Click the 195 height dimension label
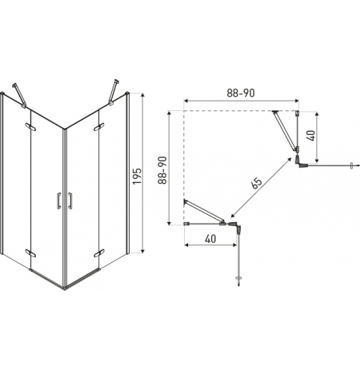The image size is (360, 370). point(137,176)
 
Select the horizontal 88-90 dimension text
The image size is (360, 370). point(241,93)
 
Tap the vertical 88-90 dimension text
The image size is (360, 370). point(162,170)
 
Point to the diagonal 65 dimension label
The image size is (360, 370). point(257,183)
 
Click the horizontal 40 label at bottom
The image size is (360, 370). point(210,239)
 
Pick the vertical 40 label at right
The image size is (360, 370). point(311,136)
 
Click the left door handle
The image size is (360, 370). point(58,201)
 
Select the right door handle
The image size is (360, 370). point(70,201)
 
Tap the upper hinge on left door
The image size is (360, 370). point(30,127)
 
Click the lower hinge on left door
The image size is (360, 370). point(30,253)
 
